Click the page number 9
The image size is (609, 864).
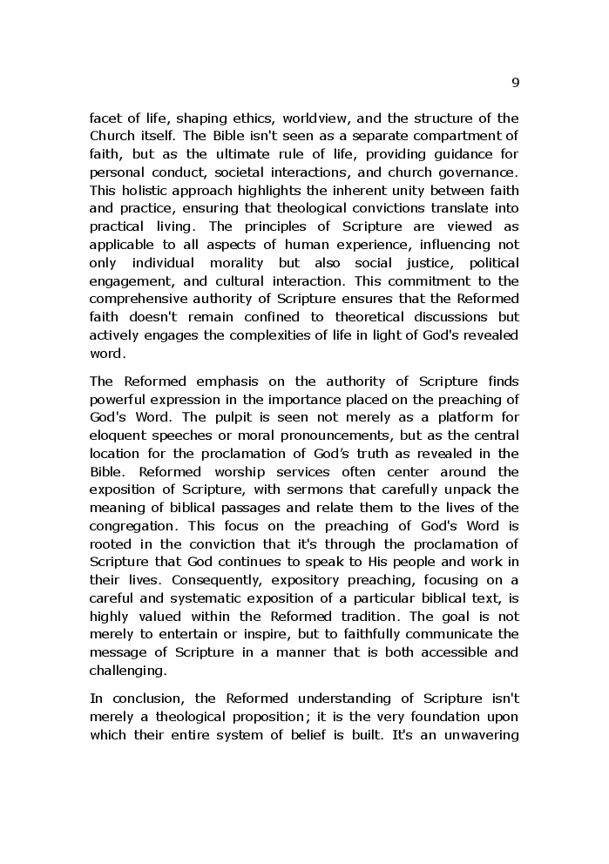tap(515, 83)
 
